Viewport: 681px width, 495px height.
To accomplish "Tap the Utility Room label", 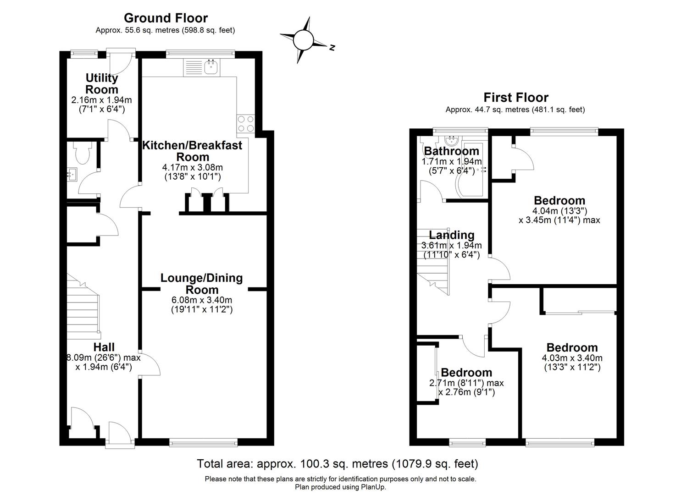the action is (x=102, y=83).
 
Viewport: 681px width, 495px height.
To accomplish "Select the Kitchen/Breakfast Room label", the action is (x=192, y=151).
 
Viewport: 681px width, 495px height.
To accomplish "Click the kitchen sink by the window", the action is (x=211, y=68).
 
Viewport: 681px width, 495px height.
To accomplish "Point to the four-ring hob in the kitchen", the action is (x=245, y=123).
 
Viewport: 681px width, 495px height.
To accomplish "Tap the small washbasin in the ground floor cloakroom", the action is (x=72, y=174).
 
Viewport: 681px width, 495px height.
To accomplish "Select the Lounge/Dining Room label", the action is (x=201, y=284).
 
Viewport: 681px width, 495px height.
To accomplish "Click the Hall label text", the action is (x=104, y=347).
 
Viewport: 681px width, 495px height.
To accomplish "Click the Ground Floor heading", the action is (x=166, y=18).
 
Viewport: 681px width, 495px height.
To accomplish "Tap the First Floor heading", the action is (x=516, y=97).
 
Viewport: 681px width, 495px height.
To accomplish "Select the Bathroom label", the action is (x=451, y=151).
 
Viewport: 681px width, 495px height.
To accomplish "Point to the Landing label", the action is (x=451, y=235).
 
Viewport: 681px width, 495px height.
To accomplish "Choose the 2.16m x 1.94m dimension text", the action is (x=101, y=99).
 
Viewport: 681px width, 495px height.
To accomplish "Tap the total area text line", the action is (x=337, y=463).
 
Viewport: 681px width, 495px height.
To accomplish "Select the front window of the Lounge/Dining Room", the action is (x=203, y=442).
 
